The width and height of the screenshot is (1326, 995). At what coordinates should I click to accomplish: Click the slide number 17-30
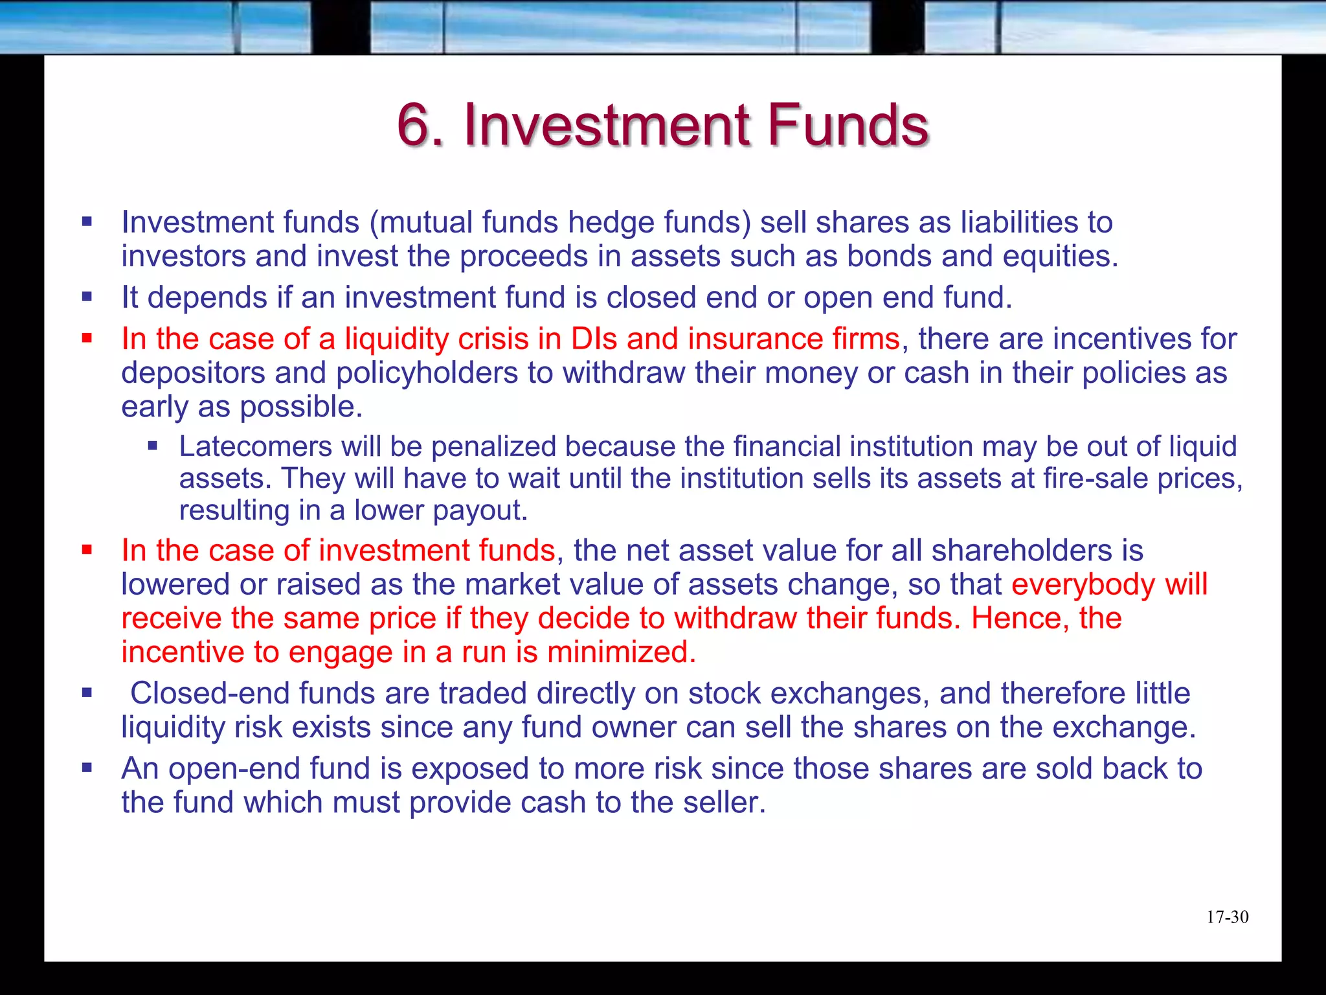(x=1227, y=917)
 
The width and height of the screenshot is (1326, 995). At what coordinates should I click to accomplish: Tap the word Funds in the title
(x=848, y=124)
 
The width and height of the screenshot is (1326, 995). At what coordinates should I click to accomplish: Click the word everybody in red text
(x=1083, y=584)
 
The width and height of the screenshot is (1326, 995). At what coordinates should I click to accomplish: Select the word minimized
(x=622, y=652)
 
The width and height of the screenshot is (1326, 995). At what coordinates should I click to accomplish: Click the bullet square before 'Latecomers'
(x=153, y=446)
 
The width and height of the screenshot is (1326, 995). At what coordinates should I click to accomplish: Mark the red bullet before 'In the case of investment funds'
(x=87, y=550)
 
